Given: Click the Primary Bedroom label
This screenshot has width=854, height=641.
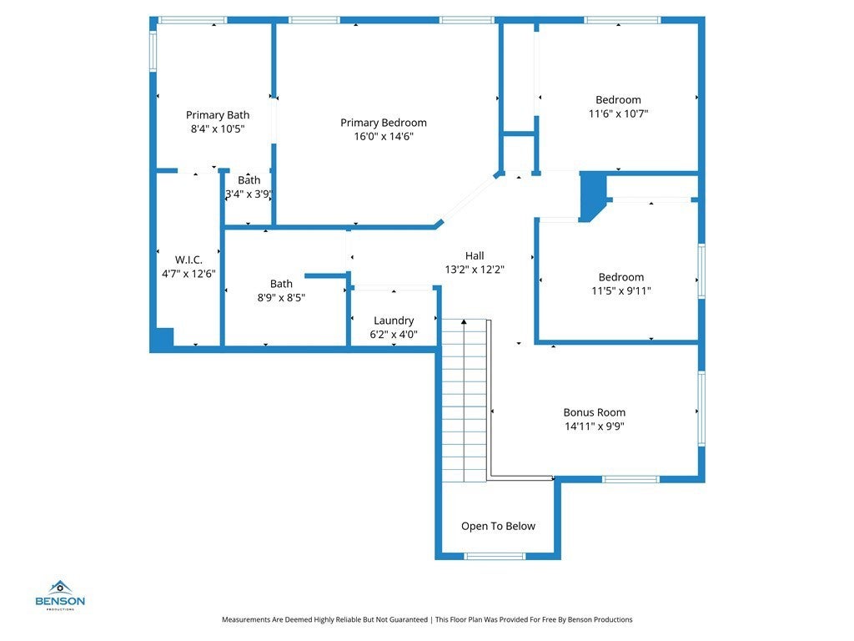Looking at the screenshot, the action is click(384, 123).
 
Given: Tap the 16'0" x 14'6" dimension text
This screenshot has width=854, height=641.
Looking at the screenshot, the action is click(384, 136).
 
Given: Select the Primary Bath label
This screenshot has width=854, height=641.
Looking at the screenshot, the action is click(218, 115).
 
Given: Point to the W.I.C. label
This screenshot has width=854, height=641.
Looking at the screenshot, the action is click(188, 260).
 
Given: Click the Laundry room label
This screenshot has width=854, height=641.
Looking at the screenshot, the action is click(394, 320).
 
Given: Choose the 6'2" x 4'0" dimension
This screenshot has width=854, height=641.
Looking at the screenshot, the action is click(394, 334).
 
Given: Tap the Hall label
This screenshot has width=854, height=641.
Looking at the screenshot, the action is click(475, 255).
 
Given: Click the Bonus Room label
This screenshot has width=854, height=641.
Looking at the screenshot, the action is click(594, 412).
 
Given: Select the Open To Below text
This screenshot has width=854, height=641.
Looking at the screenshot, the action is click(499, 526).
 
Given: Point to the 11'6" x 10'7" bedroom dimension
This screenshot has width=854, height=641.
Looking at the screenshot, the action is click(618, 114).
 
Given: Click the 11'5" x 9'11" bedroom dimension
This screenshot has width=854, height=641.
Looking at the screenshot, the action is click(620, 291).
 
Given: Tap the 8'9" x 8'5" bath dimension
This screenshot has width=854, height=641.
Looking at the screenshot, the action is click(281, 298).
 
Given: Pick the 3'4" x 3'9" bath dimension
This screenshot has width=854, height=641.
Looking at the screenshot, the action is click(249, 194).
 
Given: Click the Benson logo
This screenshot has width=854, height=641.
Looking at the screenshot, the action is click(60, 595).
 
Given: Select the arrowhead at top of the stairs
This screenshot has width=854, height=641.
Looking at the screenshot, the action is click(464, 322).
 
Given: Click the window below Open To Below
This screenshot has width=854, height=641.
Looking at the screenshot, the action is click(495, 557).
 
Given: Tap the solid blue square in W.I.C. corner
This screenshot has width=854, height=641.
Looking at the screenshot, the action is click(164, 337).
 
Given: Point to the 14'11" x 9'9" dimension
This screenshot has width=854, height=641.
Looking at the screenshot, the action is click(594, 426).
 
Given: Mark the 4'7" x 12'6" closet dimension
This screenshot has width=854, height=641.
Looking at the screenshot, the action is click(188, 274).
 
